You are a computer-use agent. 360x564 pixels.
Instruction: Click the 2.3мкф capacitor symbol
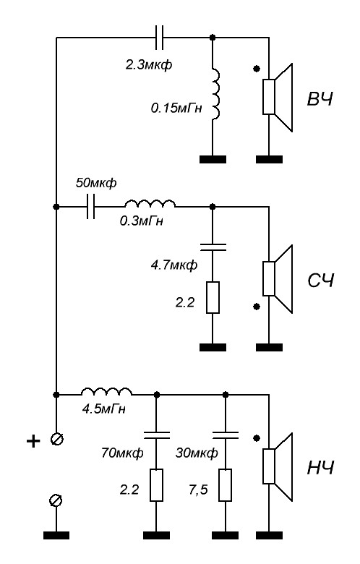[x=159, y=38]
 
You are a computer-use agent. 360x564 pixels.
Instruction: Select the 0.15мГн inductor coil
[x=216, y=93]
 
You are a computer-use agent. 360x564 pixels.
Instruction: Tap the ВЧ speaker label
[x=320, y=99]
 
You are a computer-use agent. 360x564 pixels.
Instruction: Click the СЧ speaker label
[x=321, y=281]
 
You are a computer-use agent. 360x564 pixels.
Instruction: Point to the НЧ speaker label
[x=320, y=468]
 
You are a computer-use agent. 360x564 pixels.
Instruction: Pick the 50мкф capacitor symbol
[x=91, y=207]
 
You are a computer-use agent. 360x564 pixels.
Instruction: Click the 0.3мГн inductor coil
[x=150, y=204]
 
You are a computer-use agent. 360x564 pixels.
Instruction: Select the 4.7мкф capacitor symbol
[x=213, y=247]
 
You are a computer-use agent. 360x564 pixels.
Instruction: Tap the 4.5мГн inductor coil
[x=106, y=392]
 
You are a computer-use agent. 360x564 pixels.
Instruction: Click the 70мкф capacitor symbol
[x=156, y=435]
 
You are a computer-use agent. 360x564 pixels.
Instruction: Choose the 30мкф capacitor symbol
[x=226, y=435]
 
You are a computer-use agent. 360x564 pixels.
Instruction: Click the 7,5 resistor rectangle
[x=226, y=485]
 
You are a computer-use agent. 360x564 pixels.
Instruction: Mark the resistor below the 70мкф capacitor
[x=156, y=485]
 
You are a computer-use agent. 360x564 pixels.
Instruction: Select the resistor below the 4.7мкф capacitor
[x=213, y=297]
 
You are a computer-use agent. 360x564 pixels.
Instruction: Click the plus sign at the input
[x=33, y=440]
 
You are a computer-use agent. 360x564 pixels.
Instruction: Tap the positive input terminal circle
[x=56, y=440]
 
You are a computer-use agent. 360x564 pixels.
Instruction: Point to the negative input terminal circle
[x=56, y=500]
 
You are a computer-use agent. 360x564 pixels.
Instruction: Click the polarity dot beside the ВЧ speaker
[x=257, y=69]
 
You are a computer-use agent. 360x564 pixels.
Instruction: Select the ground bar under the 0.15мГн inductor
[x=213, y=159]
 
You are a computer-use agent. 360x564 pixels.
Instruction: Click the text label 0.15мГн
[x=176, y=108]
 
